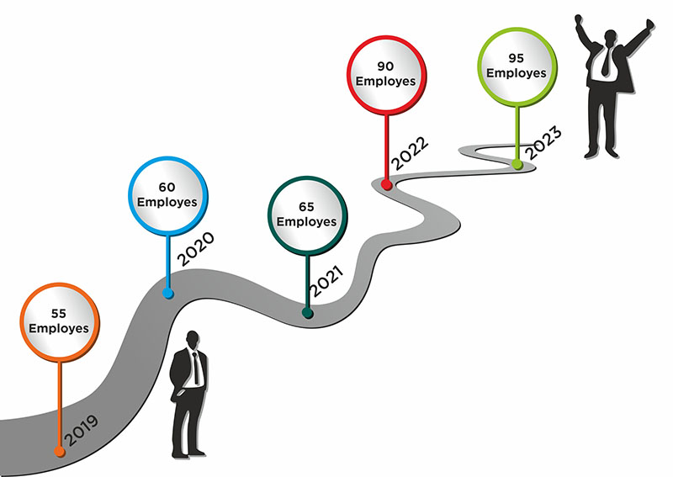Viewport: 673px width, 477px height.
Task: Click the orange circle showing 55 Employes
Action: tap(59, 321)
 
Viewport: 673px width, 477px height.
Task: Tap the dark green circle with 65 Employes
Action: tap(306, 215)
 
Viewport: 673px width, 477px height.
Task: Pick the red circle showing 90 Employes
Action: tap(388, 73)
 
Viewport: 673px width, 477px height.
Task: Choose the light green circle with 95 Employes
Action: tap(516, 66)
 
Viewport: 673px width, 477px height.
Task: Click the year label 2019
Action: tap(81, 428)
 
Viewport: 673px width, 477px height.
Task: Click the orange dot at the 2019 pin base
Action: tap(58, 452)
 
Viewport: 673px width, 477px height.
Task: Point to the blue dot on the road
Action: tap(168, 294)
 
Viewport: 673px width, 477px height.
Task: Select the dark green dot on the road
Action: tap(308, 314)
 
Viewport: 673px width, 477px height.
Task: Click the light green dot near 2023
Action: tap(518, 165)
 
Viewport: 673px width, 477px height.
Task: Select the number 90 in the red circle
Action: tap(387, 65)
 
